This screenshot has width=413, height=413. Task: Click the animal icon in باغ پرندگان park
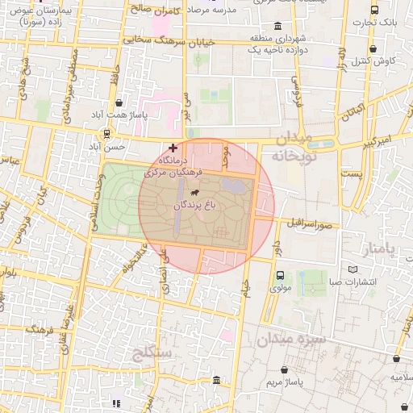[x=195, y=192]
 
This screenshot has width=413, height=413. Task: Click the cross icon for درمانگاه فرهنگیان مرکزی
[x=173, y=148]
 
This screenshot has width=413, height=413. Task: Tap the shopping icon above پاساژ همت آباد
[x=119, y=102]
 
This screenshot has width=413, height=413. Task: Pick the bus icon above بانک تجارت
[x=374, y=10]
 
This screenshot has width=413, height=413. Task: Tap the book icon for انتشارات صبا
[x=352, y=269]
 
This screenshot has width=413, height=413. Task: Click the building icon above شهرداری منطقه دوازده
[x=277, y=25]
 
